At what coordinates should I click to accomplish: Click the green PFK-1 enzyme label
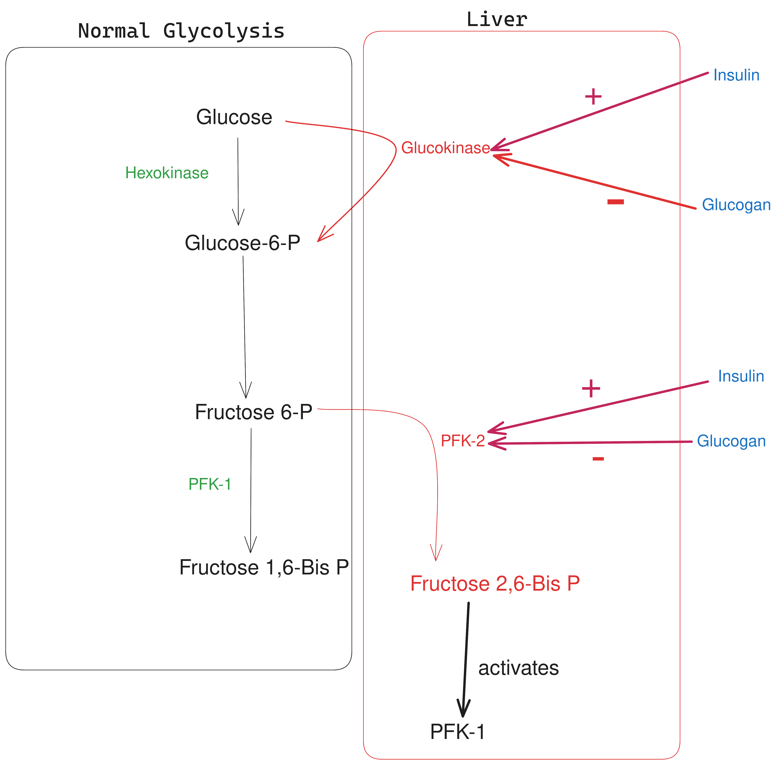(x=210, y=484)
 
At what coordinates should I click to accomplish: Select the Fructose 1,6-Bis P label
(x=264, y=567)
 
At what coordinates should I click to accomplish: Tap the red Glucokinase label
(x=445, y=148)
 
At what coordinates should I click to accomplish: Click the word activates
(x=518, y=668)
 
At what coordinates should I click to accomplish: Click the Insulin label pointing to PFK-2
(x=741, y=376)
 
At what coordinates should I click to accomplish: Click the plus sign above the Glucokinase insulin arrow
(x=593, y=97)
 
